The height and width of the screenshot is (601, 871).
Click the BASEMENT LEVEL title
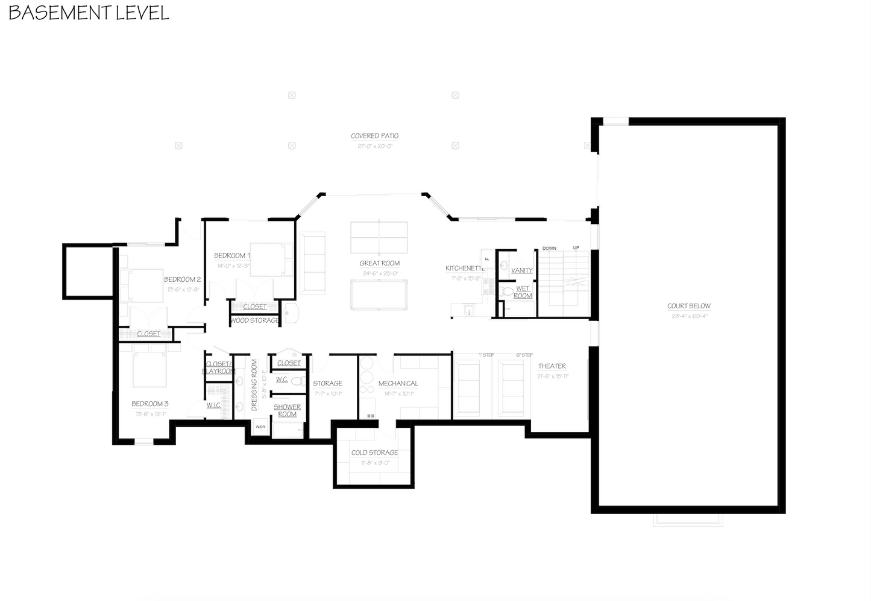89,13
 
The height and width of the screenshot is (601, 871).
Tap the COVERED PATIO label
374,136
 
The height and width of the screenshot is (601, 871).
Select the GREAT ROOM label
379,263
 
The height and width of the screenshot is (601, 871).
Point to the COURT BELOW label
688,306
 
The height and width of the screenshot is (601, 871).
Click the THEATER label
552,366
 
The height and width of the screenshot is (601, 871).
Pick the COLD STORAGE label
374,453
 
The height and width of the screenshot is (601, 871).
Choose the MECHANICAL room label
398,383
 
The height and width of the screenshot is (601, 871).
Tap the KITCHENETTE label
465,269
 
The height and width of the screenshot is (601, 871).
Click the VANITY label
521,270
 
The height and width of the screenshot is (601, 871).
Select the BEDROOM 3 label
149,404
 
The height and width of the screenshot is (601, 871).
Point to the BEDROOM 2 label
182,279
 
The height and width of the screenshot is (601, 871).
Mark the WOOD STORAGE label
254,320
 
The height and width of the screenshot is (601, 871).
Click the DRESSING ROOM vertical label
254,385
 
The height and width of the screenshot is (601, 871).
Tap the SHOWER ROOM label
287,410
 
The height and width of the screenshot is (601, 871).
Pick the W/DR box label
260,427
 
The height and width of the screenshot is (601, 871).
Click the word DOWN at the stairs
549,248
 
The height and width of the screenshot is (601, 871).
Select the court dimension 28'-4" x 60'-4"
688,316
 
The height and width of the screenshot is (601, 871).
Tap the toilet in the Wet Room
508,293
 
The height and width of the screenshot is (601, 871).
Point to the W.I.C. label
213,405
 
